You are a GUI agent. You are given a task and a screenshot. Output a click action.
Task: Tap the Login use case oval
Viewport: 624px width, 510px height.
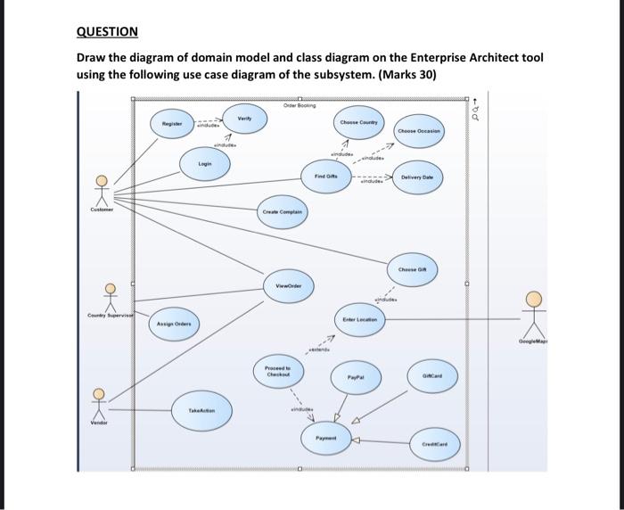coord(204,164)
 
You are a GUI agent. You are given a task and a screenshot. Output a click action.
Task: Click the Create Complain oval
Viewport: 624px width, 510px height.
coord(283,212)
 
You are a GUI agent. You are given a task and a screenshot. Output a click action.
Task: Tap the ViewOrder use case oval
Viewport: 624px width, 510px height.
coord(288,285)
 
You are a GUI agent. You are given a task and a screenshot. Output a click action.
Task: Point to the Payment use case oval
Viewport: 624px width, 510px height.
coord(325,439)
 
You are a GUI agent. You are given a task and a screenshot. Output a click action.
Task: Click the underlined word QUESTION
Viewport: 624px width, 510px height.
coord(107,32)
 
